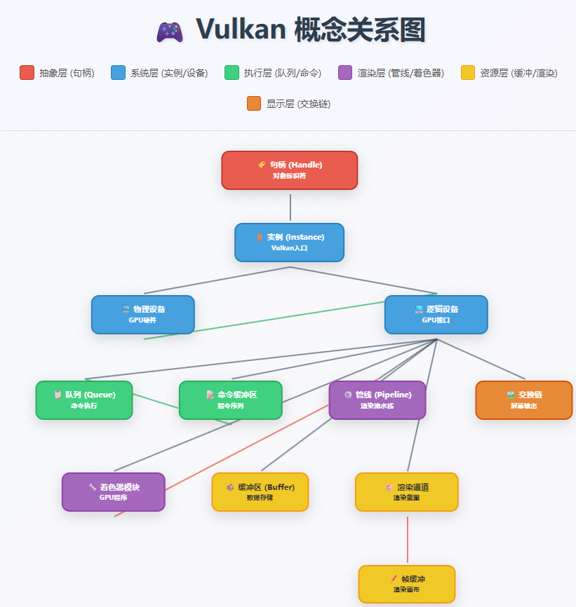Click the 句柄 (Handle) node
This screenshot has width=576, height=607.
tap(289, 170)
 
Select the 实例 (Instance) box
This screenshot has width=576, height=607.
tap(289, 243)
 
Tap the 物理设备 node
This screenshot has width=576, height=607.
tap(142, 315)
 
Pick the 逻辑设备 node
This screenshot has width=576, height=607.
tap(436, 315)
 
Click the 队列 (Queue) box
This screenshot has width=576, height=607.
tap(84, 400)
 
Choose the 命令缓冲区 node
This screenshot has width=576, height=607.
tap(230, 400)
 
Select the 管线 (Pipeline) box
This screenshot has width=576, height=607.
tap(377, 400)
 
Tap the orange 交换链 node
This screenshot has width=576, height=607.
tap(523, 400)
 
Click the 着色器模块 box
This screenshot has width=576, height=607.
tap(113, 492)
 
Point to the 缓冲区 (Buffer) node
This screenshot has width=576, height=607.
tap(260, 492)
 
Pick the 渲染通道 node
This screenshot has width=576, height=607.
tap(406, 492)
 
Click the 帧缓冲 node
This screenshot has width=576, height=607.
tap(406, 584)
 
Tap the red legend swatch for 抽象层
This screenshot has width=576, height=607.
tap(27, 72)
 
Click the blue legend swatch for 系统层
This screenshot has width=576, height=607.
tap(118, 72)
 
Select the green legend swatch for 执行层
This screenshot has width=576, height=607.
tap(232, 72)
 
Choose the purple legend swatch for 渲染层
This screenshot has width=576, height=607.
tap(345, 72)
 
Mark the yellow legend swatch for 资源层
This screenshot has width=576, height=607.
tap(468, 72)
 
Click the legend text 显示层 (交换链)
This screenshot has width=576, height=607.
tap(298, 104)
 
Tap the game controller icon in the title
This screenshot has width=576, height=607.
tap(169, 32)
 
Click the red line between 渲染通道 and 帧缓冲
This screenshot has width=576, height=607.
tap(407, 538)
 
